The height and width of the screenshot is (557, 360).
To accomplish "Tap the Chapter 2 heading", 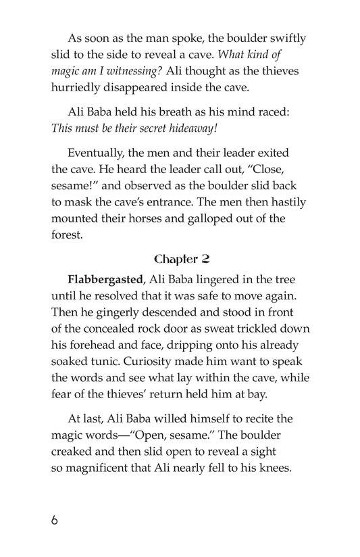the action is click(x=180, y=260).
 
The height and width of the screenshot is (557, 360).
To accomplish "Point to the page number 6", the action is click(x=55, y=521).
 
